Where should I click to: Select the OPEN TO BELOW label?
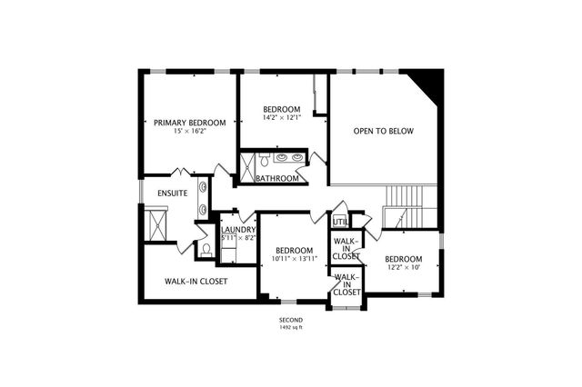coord(383,131)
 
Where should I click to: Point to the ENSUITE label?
coord(172,193)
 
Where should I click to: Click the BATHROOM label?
coord(276,178)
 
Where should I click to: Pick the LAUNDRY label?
coord(238,230)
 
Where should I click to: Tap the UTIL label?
coord(340,221)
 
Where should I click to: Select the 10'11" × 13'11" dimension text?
coord(295,259)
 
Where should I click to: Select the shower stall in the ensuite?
coord(157,223)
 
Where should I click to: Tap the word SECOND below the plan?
coord(291,320)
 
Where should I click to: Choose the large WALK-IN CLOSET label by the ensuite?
coord(196,282)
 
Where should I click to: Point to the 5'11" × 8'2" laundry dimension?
coord(238,238)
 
